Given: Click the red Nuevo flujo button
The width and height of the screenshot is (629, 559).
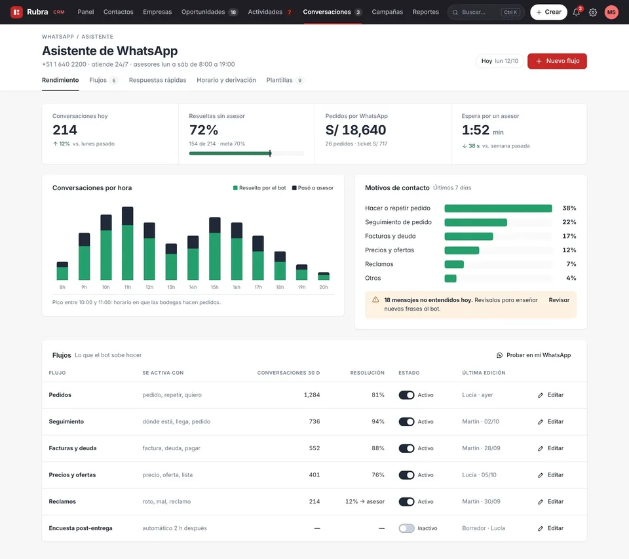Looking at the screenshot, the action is [557, 61].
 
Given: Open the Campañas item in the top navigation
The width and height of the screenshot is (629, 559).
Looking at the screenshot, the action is [387, 12].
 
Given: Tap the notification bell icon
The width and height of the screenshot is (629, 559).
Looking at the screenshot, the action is [577, 12].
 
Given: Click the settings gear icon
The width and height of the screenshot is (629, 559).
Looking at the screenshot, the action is [592, 12].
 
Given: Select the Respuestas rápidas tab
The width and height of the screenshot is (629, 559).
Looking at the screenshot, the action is [157, 80].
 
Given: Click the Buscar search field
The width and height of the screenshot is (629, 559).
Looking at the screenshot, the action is [486, 12].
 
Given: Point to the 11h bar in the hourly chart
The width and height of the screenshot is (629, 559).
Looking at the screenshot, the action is [128, 243].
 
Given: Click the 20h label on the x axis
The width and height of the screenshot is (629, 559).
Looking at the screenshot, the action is [323, 287].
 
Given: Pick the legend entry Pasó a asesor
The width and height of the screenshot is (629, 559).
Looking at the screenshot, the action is [313, 188].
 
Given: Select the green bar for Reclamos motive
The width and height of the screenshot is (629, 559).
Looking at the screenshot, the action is [454, 264].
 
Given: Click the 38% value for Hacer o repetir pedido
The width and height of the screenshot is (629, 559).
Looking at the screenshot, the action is [569, 208].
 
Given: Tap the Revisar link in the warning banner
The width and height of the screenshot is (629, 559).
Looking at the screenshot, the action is [559, 299].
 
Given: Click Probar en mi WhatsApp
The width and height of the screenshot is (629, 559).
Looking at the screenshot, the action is [533, 355].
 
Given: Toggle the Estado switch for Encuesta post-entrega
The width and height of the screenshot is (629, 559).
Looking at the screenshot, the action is [406, 528].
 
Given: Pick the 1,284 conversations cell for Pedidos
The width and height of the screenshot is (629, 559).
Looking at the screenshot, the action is [312, 395].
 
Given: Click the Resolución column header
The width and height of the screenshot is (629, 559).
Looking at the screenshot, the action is [367, 373].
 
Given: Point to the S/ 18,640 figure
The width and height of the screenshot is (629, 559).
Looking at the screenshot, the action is [355, 130].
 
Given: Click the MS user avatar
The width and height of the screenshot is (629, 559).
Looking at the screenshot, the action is [611, 12].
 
